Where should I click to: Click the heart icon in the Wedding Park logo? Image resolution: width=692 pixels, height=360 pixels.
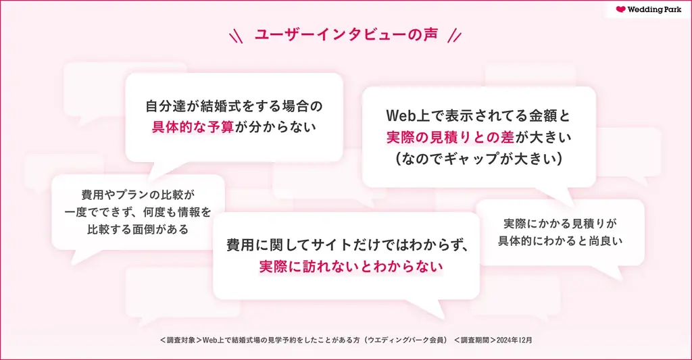621,10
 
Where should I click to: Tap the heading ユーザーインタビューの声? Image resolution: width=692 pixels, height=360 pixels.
346,34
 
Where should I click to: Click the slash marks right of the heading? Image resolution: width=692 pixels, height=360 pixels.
455,35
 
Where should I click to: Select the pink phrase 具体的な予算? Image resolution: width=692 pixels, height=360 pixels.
191,126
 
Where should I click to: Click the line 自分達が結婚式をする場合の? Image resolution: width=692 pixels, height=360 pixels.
234,106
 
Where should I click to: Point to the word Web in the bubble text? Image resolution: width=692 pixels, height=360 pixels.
400,115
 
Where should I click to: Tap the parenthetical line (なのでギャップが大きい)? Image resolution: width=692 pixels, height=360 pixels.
478,159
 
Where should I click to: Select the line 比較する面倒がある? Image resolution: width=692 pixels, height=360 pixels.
138,229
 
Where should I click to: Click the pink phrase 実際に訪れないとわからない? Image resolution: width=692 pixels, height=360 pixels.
351,267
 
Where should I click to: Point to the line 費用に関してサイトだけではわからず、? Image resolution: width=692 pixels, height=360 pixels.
347,245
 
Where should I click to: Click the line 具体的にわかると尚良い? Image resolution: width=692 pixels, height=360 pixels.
560,240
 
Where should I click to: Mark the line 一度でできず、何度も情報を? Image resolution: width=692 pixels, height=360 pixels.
138,212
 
